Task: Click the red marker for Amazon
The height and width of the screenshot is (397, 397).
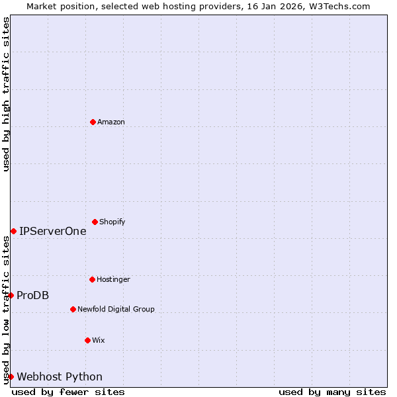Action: point(93,122)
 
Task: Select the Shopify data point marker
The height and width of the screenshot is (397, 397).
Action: point(95,222)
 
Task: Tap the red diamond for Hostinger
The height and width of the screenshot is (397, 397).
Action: point(92,279)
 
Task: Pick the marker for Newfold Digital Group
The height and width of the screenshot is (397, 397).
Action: point(73,309)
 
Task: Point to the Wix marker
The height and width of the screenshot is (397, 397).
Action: point(87,340)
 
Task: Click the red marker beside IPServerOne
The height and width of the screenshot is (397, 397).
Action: point(13,231)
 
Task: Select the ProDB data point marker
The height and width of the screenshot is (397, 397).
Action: point(11,295)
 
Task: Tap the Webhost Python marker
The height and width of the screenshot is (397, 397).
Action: point(11,376)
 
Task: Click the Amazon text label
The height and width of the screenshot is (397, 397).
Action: point(111,122)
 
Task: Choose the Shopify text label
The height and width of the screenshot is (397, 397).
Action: point(112,222)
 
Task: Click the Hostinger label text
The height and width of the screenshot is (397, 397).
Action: point(113,280)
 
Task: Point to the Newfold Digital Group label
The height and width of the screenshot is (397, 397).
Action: point(116,310)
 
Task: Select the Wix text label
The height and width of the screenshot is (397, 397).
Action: point(99,341)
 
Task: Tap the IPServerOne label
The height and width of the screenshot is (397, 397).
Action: point(53,232)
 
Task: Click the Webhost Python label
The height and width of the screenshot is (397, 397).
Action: point(60,377)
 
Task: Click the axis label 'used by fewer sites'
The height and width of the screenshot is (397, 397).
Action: point(68,392)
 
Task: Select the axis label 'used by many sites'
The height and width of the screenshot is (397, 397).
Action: point(332,392)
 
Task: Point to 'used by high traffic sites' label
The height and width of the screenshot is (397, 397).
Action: point(6,94)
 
